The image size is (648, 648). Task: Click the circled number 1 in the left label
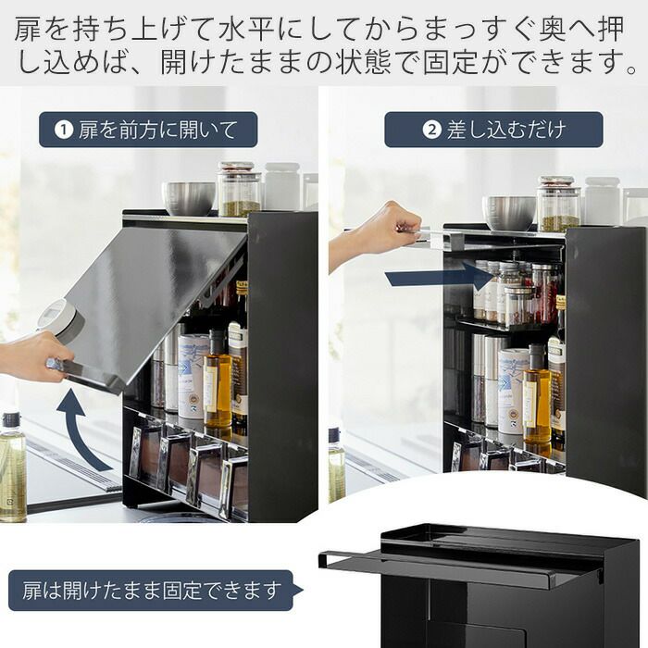click(x=64, y=130)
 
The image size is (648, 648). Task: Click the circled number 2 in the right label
click(x=432, y=130)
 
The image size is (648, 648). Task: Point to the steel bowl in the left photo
click(x=189, y=198)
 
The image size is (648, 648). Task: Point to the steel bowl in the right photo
click(x=509, y=213)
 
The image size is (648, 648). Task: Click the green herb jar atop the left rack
click(x=239, y=189)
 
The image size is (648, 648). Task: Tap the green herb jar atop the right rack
click(x=559, y=205)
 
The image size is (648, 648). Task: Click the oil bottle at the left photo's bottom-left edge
click(x=12, y=467)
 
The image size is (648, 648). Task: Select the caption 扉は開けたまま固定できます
click(x=151, y=591)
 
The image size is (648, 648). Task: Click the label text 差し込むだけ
click(x=505, y=130)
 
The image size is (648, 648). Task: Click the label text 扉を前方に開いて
click(x=158, y=130)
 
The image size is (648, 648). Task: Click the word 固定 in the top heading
click(x=451, y=62)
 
